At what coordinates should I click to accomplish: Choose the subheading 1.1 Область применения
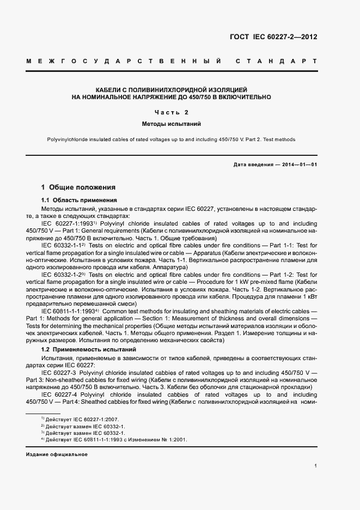(79, 200)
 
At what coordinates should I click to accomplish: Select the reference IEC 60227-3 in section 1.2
(60, 372)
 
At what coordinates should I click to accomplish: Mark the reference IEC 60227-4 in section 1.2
(59, 394)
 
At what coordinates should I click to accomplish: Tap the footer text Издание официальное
(57, 454)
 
